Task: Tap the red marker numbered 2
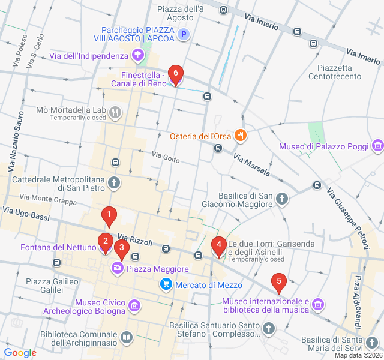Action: (x=105, y=243)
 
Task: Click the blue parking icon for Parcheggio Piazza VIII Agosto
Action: (x=184, y=35)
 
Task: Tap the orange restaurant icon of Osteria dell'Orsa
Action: (x=241, y=135)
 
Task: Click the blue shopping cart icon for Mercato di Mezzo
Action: (x=166, y=284)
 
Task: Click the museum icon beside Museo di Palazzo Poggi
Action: (x=377, y=146)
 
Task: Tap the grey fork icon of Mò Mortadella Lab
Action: (x=115, y=112)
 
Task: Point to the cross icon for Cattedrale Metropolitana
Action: (x=114, y=182)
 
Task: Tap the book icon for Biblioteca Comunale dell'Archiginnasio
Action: (x=126, y=338)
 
